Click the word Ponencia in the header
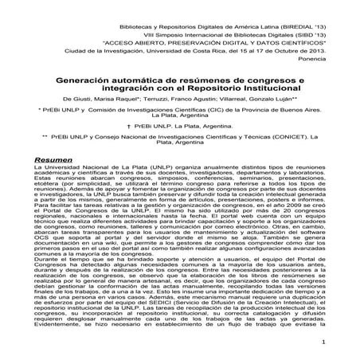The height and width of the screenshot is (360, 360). point(329,57)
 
